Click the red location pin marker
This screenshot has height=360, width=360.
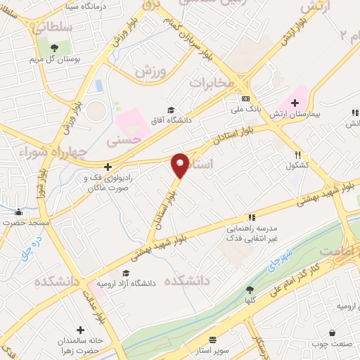tap(180, 165)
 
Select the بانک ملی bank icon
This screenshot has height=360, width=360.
tap(245, 99)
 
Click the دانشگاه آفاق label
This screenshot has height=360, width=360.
tap(169, 120)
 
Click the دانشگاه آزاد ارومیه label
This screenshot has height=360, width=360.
tap(129, 283)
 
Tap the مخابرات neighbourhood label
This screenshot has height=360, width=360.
tap(212, 84)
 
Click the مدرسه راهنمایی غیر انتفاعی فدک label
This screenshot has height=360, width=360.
tap(252, 233)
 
